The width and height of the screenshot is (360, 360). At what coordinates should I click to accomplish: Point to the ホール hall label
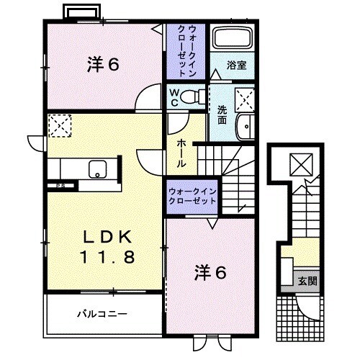click(181, 152)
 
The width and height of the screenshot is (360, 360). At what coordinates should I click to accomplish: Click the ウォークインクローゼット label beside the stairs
click(192, 197)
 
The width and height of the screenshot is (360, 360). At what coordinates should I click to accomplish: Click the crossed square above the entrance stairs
click(298, 164)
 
